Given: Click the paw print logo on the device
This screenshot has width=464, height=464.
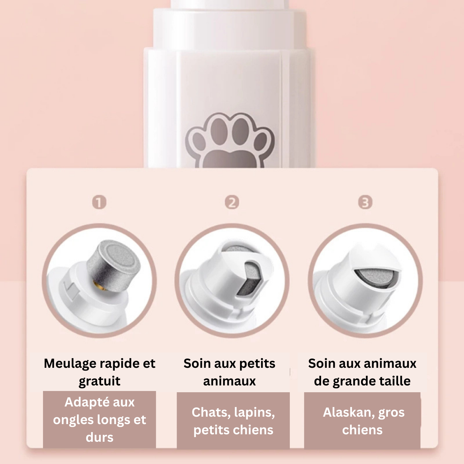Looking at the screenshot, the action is [x=230, y=140].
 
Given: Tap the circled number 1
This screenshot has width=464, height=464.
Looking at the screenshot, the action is [x=99, y=203].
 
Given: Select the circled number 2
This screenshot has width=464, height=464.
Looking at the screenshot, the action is [x=232, y=203].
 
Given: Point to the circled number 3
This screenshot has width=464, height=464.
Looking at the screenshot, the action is [x=365, y=203].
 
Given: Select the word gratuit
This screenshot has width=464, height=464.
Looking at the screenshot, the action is [x=100, y=381].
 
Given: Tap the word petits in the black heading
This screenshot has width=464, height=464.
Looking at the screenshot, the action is [x=257, y=364].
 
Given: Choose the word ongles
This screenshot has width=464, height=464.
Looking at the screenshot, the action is [x=73, y=420].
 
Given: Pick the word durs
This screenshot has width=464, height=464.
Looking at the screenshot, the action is [x=100, y=437].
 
